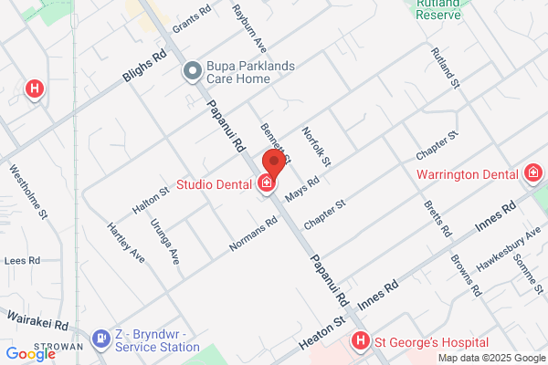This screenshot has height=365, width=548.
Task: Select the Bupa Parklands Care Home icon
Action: (192, 70)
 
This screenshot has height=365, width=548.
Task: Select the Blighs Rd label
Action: (146, 66)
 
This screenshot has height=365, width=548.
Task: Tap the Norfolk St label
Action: (316, 146)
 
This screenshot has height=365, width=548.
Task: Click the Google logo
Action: (31, 354)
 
